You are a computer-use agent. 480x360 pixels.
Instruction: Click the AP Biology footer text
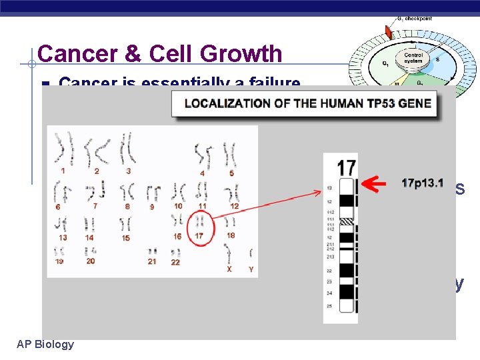(x=45, y=344)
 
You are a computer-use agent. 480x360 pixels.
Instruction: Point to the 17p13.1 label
(x=422, y=182)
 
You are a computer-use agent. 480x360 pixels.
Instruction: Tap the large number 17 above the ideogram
(x=346, y=167)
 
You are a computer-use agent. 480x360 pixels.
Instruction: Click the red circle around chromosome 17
(x=201, y=227)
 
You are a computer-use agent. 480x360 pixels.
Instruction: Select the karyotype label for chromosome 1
(x=63, y=171)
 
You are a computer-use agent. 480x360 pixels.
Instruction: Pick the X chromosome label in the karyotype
(x=229, y=270)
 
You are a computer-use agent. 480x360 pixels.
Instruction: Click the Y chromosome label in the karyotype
(x=250, y=270)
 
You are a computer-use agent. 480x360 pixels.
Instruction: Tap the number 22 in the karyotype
(x=175, y=263)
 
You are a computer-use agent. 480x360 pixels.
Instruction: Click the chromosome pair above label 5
(x=230, y=154)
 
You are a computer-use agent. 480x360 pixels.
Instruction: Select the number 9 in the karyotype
(x=151, y=207)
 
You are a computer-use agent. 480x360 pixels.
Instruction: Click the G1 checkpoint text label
(x=414, y=19)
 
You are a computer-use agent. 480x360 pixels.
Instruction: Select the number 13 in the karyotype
(x=63, y=237)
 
